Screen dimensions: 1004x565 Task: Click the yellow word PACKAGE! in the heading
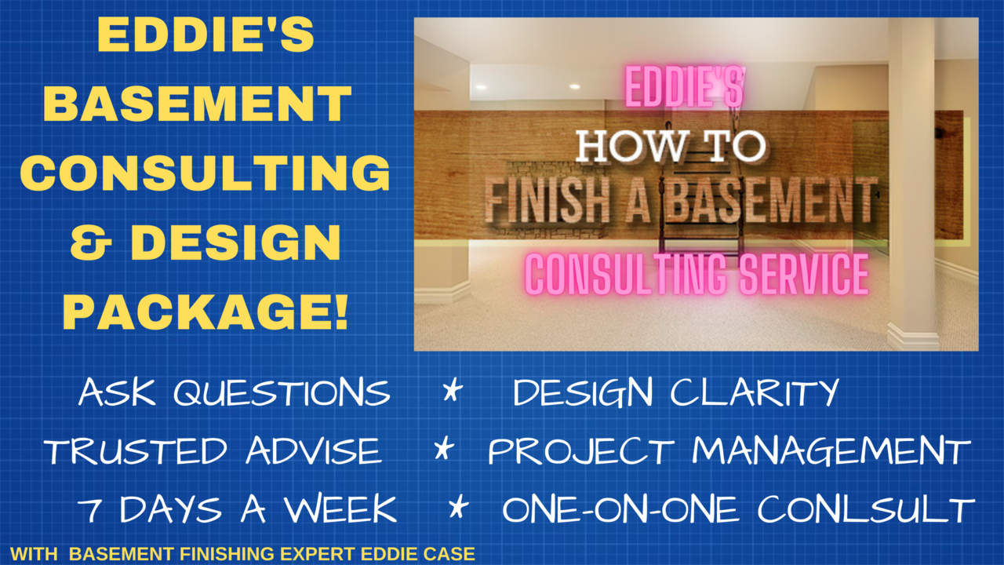[206, 312]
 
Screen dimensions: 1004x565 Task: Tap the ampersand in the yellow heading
[91, 242]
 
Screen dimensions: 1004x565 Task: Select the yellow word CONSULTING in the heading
[205, 173]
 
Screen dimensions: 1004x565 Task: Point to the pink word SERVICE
[804, 274]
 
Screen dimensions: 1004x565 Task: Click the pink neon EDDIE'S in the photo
[685, 87]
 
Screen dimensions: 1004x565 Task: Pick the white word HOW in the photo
[630, 146]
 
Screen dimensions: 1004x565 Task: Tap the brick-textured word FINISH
[547, 200]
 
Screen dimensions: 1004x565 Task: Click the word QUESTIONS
[282, 393]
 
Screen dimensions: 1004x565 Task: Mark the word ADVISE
[314, 450]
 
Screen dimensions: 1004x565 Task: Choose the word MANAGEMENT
[831, 450]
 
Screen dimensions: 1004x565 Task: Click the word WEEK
[340, 509]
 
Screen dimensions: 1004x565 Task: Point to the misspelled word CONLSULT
[866, 509]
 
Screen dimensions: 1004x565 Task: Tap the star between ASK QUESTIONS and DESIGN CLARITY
[452, 390]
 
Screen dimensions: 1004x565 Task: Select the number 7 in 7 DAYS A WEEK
[89, 510]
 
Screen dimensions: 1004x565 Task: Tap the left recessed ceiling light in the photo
[482, 87]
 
